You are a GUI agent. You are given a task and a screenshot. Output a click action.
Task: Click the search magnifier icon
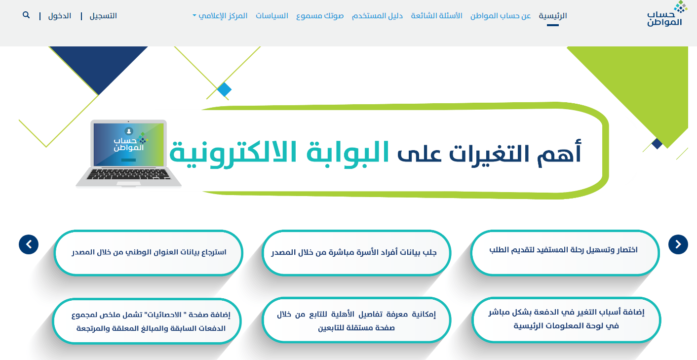click(26, 15)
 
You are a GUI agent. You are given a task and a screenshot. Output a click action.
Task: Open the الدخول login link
click(59, 16)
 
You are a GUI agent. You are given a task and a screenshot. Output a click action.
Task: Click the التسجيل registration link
click(103, 16)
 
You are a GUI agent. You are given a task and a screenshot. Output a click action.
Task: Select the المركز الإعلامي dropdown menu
click(220, 16)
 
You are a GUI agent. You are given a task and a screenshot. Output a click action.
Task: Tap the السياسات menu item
click(272, 16)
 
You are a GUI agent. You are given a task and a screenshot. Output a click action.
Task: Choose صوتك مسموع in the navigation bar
click(320, 16)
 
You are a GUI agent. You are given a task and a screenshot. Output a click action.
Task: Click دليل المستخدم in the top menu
click(377, 16)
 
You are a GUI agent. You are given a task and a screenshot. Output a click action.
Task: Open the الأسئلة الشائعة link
click(436, 16)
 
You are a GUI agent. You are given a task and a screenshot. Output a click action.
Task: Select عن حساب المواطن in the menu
click(501, 16)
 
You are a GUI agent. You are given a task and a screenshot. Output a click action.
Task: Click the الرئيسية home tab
click(553, 16)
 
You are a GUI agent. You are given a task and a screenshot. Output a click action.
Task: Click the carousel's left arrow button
click(29, 244)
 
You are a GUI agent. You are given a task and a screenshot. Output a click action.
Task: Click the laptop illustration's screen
click(129, 145)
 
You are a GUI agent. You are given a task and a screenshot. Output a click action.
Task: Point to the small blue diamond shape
click(224, 90)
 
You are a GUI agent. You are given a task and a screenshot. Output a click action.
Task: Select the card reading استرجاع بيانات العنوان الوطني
click(149, 253)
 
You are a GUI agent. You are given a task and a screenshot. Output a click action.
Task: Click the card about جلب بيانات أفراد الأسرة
click(356, 253)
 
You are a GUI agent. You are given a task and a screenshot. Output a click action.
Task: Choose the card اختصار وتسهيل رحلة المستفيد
click(565, 253)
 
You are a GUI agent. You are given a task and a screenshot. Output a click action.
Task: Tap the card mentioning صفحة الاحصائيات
click(147, 321)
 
